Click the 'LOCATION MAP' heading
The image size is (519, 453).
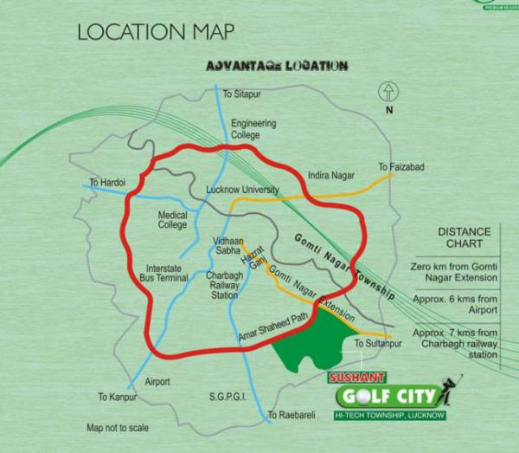(x=155, y=33)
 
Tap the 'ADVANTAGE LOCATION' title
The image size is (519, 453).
(x=276, y=66)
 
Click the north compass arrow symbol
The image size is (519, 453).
(x=388, y=91)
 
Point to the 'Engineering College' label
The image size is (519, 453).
(x=253, y=129)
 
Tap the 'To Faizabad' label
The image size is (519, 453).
(x=400, y=166)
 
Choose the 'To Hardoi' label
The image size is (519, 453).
(x=107, y=183)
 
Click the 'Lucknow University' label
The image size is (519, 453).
(x=243, y=190)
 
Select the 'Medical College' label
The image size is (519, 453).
(x=173, y=220)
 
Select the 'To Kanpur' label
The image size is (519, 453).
(x=117, y=397)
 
